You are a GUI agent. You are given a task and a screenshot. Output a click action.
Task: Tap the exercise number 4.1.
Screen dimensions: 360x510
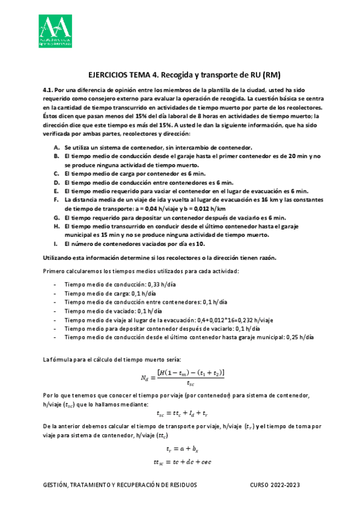tap(49, 90)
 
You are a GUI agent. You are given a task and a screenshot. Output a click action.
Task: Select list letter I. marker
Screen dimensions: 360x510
tap(56, 244)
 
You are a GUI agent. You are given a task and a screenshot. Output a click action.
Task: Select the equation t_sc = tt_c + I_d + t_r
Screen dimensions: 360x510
tap(181, 413)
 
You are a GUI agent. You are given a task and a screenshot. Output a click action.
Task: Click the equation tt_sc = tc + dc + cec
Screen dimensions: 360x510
tap(180, 461)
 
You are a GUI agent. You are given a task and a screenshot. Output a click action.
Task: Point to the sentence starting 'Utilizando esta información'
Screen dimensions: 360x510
tap(159, 257)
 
